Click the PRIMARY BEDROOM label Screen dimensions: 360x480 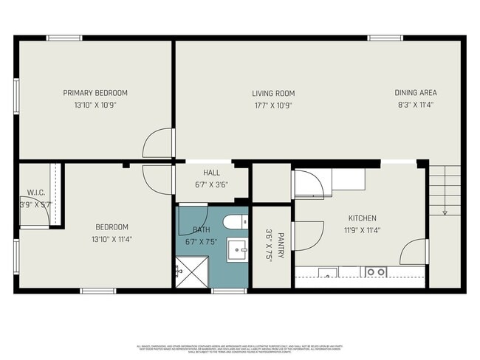[x=95, y=93]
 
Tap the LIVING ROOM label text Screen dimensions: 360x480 [x=273, y=94]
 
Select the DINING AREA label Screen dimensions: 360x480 [x=415, y=93]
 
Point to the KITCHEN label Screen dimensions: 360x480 [x=363, y=218]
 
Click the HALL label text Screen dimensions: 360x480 [x=212, y=173]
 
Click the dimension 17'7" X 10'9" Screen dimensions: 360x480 [x=273, y=105]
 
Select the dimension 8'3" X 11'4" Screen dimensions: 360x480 [x=415, y=105]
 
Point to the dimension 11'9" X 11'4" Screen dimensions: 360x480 [x=363, y=230]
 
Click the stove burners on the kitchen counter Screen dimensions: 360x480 [x=376, y=272]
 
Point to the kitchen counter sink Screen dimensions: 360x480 [x=328, y=273]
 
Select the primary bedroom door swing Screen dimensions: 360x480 [x=159, y=142]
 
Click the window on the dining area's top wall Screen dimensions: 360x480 [x=385, y=38]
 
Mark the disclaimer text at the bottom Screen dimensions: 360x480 [x=240, y=347]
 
